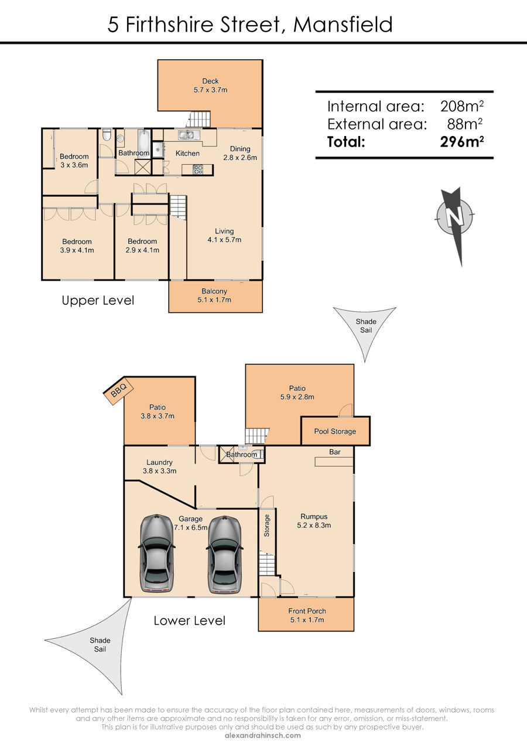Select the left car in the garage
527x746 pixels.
(157, 554)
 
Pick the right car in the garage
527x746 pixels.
(225, 554)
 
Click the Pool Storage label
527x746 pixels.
(335, 431)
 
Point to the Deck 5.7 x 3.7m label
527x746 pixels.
(210, 86)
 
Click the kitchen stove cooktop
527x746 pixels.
(199, 169)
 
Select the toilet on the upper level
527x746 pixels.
(107, 136)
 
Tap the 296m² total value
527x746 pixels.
(462, 142)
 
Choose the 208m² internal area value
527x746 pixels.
(462, 106)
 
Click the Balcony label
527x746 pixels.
(214, 295)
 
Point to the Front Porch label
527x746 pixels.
(307, 615)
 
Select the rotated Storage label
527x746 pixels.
(267, 526)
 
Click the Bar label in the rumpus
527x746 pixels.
(335, 452)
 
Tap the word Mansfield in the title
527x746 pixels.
(343, 25)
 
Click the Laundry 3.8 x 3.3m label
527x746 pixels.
(159, 466)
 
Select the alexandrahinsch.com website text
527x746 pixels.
(263, 735)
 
